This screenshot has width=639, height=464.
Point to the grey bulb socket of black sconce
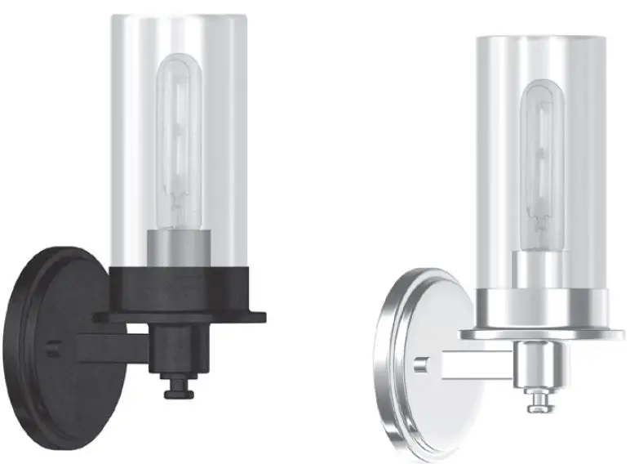tap(179, 249)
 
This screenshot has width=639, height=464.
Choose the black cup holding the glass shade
tap(180, 286)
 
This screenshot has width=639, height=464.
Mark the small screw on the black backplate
tap(51, 347)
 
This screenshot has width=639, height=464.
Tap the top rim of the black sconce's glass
tap(180, 18)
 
